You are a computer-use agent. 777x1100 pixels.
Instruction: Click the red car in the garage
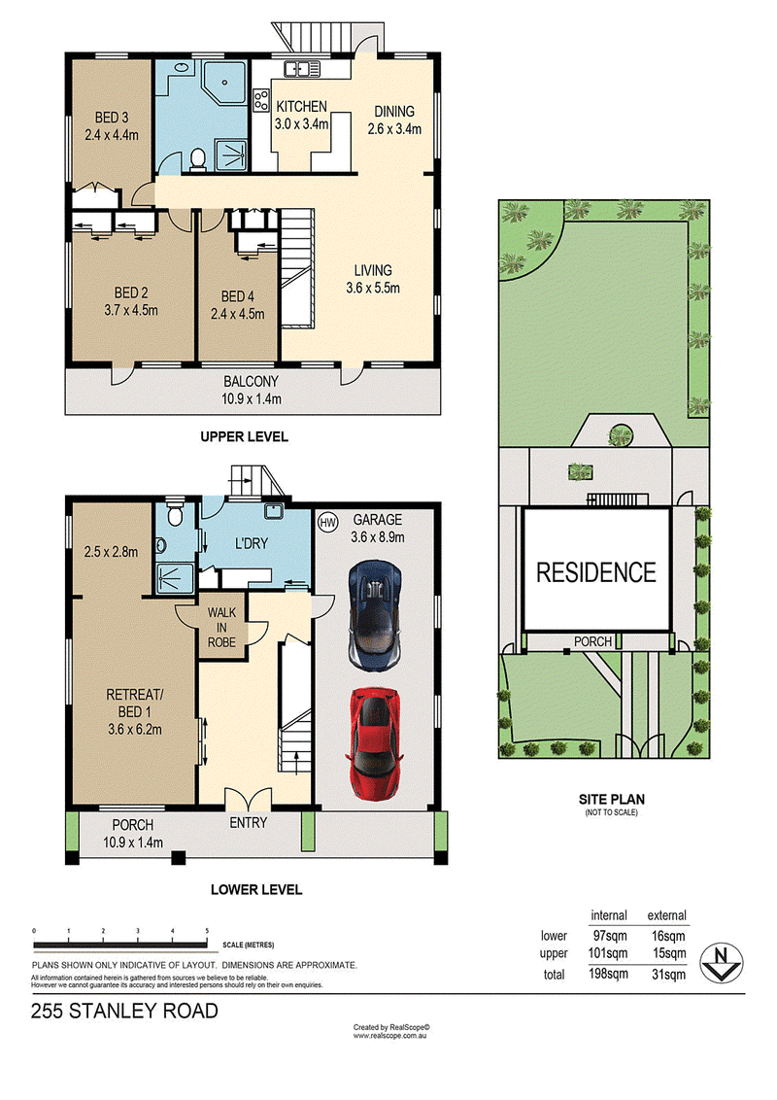(375, 743)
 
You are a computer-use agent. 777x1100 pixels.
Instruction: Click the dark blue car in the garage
(375, 615)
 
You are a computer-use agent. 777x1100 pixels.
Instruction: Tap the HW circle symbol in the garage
(327, 522)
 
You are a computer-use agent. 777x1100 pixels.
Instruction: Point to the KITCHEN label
(301, 107)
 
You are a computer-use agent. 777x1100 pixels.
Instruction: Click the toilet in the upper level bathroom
(198, 159)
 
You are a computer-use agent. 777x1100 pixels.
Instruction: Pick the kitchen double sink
(302, 69)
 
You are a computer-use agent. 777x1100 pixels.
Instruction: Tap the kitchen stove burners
(261, 100)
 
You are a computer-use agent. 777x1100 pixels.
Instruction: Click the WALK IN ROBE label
(221, 627)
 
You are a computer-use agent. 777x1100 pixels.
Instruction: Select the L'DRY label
(251, 543)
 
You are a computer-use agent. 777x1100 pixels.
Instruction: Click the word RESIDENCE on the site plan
(596, 572)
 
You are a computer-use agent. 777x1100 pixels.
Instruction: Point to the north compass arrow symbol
(721, 962)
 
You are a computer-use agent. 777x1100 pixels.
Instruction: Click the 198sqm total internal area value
(608, 974)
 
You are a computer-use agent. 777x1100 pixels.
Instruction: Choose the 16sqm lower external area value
(667, 936)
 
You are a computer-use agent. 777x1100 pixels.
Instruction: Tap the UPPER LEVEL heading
(244, 437)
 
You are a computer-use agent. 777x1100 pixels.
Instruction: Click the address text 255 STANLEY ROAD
(124, 1011)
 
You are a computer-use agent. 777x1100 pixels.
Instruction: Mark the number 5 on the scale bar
(207, 931)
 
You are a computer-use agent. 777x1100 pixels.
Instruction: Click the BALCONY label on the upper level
(251, 382)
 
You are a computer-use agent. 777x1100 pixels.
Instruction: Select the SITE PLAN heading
(612, 799)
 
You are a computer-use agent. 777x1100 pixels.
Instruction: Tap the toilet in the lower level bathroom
(175, 514)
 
